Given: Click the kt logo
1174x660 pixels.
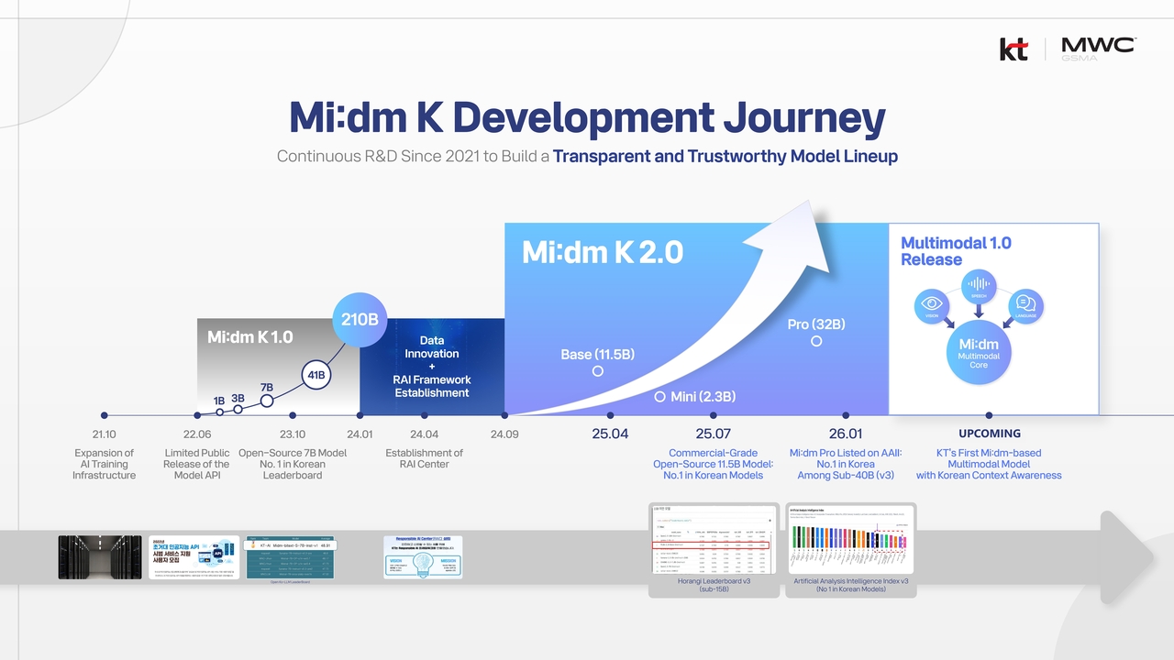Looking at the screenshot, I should tap(1013, 49).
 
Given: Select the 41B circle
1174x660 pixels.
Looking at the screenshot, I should tap(316, 375).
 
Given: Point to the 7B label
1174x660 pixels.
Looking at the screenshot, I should tap(267, 388).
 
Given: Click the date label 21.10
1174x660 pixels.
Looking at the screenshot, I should tap(104, 434).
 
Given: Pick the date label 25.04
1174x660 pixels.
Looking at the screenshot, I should tap(610, 434).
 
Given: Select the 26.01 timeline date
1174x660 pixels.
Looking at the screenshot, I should tap(846, 434).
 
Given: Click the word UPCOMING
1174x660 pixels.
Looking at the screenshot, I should tap(989, 434).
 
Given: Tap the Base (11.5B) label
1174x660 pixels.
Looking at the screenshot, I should tap(598, 355).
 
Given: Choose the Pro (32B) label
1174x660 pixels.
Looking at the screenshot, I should tap(816, 324).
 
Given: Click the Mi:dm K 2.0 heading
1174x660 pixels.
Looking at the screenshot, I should tap(603, 252).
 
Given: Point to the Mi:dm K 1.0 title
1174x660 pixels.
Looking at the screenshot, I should tap(249, 337).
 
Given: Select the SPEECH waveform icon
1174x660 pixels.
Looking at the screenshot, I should tap(979, 284).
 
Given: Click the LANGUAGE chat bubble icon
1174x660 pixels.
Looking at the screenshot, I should tap(1025, 305).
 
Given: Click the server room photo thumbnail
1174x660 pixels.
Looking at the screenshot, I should tap(100, 556).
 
